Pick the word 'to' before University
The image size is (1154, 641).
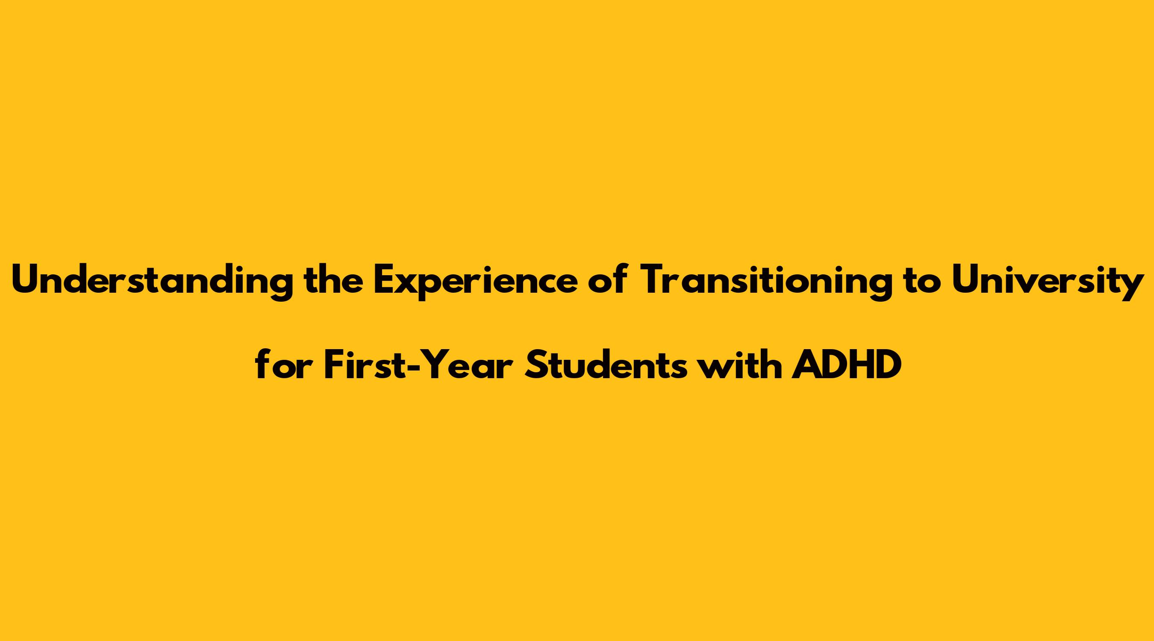[921, 280]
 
